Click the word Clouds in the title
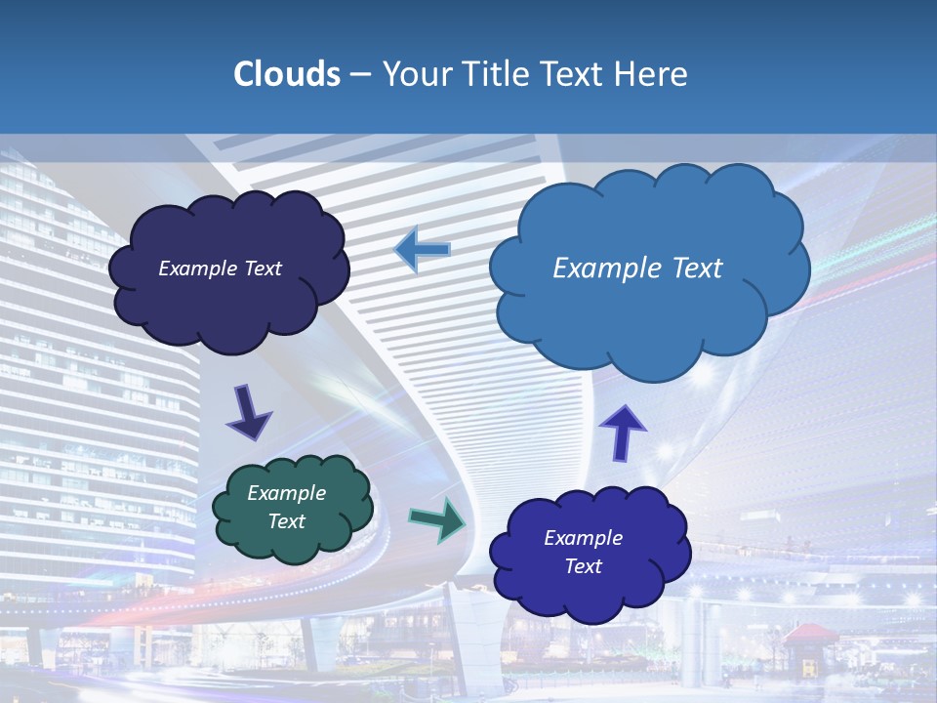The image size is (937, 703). tap(287, 74)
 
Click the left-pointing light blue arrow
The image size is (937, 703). tap(423, 250)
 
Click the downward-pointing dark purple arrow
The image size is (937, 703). tap(249, 414)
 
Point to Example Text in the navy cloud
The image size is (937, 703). tap(220, 269)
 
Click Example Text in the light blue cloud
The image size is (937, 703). tap(637, 269)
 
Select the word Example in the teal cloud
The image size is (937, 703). tap(286, 493)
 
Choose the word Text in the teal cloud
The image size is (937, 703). tap(287, 521)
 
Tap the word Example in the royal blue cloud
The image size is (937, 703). tap(583, 538)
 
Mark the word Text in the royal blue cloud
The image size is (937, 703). tap(584, 566)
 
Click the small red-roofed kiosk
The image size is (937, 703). tap(810, 644)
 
